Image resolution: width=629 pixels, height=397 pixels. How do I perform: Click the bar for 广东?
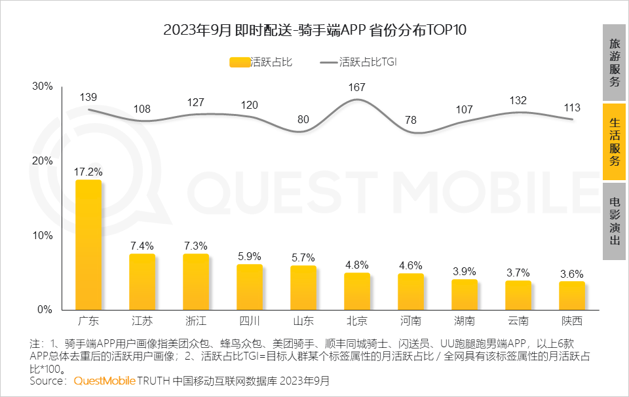[x=88, y=245]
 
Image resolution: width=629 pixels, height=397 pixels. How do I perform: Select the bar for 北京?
[x=357, y=292]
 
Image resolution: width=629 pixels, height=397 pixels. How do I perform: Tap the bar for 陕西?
[x=572, y=295]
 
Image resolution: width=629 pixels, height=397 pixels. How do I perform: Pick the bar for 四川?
[x=250, y=287]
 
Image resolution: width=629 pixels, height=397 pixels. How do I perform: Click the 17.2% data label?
[x=88, y=172]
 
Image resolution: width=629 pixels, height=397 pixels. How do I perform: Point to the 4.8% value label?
[x=357, y=265]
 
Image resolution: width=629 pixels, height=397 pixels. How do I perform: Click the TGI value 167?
[x=357, y=87]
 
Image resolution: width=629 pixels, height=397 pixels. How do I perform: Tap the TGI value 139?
[x=88, y=97]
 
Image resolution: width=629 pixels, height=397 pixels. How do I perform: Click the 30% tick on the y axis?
[x=43, y=86]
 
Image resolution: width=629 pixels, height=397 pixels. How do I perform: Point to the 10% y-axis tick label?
[x=43, y=235]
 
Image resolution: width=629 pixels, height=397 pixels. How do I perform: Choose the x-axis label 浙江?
[x=196, y=321]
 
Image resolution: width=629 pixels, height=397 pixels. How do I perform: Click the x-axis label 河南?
[x=411, y=321]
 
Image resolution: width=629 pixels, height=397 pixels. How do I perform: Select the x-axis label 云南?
[x=518, y=321]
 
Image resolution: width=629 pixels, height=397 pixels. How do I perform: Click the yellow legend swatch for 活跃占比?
[x=240, y=63]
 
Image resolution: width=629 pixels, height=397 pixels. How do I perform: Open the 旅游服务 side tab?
[x=614, y=63]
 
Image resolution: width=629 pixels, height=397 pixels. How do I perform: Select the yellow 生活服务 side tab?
[x=614, y=142]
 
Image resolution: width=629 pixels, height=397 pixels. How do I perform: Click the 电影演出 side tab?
[x=614, y=221]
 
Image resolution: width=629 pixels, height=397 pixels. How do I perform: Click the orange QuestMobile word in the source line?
[x=105, y=381]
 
